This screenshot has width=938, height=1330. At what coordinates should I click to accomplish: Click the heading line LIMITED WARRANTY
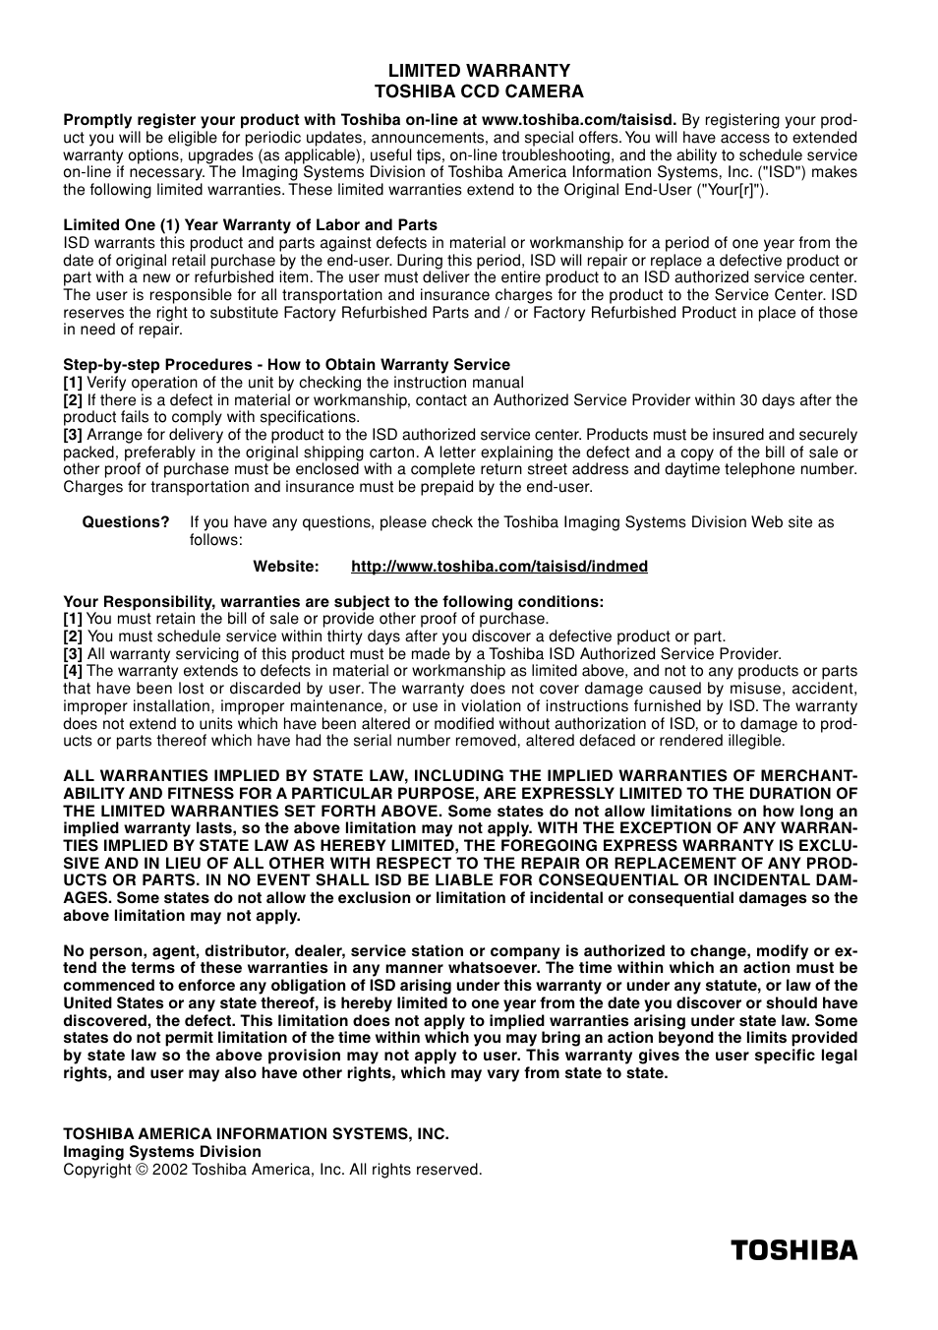[479, 71]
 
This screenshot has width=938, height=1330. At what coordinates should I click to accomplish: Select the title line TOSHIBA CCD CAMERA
[479, 91]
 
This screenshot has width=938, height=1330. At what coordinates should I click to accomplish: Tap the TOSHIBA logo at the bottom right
[793, 1250]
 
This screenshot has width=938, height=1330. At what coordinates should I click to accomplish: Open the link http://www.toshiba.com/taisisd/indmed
[498, 567]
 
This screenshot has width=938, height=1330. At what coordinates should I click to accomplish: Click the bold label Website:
[286, 567]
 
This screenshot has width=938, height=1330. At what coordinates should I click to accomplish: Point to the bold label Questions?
[126, 522]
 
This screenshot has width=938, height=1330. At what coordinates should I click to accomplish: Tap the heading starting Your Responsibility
[333, 602]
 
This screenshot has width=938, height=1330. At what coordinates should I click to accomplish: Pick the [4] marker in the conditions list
[73, 671]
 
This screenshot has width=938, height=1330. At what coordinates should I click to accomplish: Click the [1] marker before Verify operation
[73, 383]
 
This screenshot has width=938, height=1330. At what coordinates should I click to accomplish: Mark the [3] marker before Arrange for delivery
[73, 435]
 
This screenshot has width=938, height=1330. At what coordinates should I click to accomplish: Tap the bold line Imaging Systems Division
[162, 1152]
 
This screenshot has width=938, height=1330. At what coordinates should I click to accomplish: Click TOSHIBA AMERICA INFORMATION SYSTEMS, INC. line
[256, 1134]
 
